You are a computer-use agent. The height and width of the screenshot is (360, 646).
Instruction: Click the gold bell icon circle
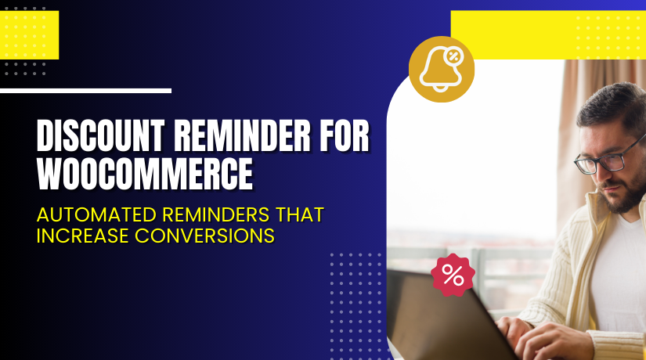442,69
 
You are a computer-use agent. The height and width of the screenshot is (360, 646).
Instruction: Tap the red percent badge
453,275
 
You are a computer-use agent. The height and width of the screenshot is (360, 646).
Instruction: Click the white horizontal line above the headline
85,91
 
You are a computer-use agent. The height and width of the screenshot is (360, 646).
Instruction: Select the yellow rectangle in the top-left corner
29,35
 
